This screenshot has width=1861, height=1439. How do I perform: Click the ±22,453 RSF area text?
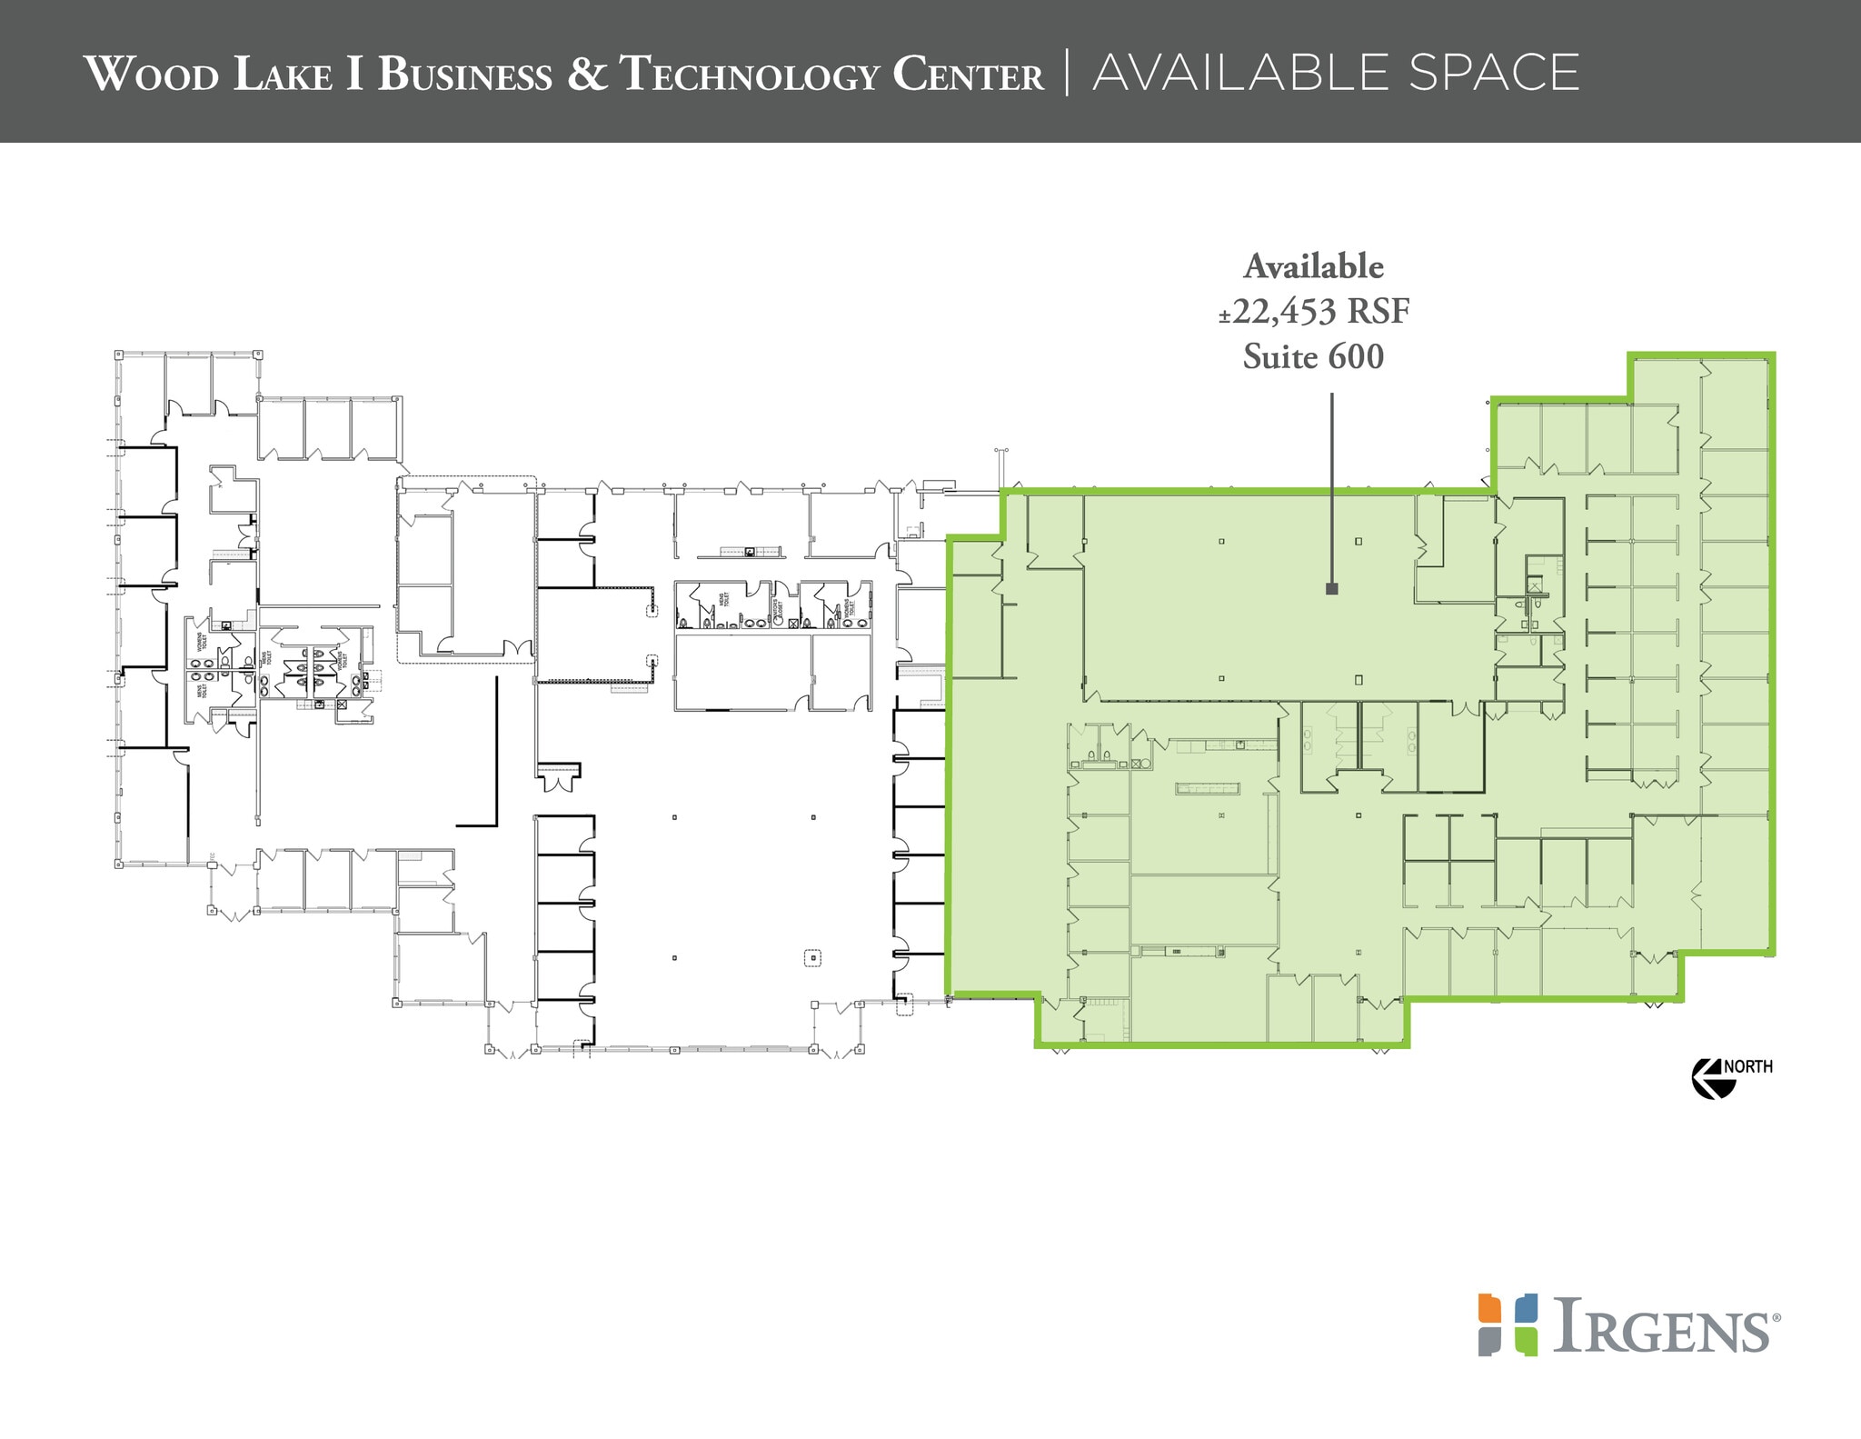[1313, 312]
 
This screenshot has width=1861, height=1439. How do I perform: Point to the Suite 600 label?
[1313, 356]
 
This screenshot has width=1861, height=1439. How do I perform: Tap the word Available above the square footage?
[1313, 266]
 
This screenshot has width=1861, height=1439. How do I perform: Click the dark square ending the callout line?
[1332, 589]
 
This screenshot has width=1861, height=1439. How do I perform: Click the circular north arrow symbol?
[1706, 1078]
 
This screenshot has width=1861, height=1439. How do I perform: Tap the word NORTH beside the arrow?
[1747, 1066]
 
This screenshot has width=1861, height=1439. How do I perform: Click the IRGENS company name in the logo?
[1662, 1327]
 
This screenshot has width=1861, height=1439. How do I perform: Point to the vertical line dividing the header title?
[1068, 73]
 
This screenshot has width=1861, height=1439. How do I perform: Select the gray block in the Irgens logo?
[1488, 1342]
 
